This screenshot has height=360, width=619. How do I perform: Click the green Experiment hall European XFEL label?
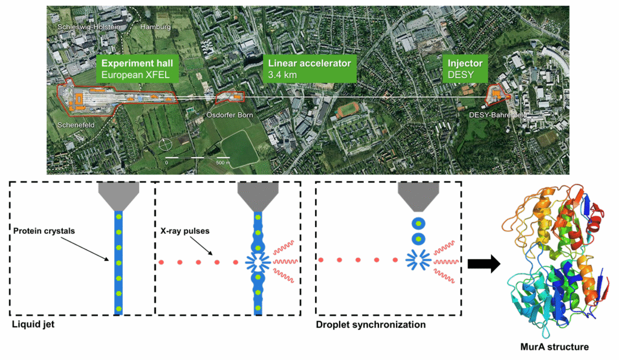(137, 69)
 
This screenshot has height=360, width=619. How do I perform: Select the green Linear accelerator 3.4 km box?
(309, 69)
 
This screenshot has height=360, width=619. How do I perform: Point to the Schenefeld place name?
(75, 126)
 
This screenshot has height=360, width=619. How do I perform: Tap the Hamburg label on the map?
(156, 27)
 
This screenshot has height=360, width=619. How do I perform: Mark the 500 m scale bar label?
(223, 163)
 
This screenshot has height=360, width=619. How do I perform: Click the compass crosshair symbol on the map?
(166, 145)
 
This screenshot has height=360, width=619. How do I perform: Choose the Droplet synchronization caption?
(371, 324)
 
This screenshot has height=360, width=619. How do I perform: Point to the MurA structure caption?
(555, 347)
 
